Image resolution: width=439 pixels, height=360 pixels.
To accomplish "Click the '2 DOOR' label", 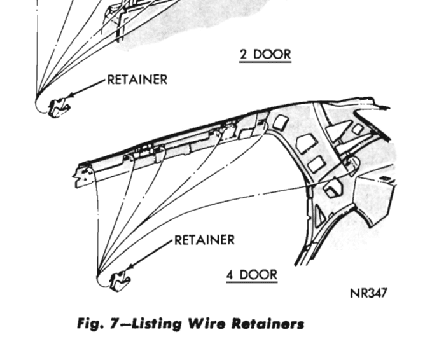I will point(265,55).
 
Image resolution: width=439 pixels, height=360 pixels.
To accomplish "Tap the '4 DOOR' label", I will point(251,275).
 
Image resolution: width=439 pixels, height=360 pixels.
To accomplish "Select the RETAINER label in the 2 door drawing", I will point(137,80).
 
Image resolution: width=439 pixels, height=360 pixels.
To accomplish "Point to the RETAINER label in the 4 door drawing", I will point(204,240).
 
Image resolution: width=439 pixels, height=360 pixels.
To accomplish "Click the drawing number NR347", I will point(368,293).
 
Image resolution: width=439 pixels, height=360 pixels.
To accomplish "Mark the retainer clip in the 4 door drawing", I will point(119,280).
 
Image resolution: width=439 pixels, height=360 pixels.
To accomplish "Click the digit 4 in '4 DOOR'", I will point(230,275).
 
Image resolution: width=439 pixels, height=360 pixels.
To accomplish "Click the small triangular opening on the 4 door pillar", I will point(319,216).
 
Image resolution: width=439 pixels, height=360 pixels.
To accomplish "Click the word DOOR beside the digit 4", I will point(258,275).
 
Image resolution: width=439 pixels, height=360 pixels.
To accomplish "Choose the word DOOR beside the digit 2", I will point(272,55).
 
